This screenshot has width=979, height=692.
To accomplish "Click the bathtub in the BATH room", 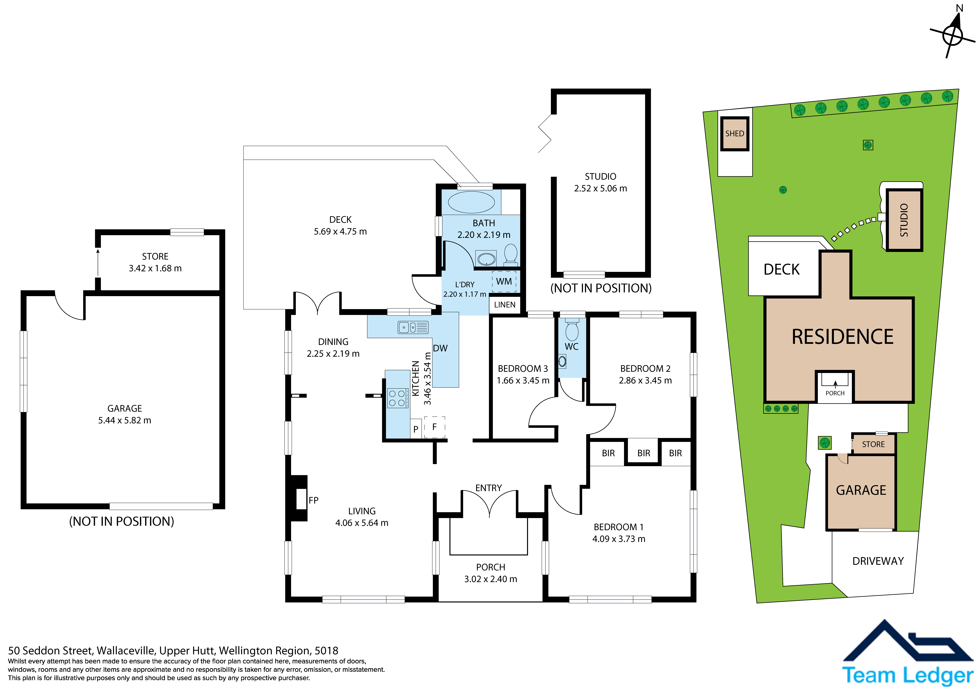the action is point(471,202).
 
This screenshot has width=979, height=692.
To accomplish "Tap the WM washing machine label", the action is point(504,281).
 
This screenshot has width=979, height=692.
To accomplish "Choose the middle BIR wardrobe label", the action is point(644,453).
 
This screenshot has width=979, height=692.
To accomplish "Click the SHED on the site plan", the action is point(735,133).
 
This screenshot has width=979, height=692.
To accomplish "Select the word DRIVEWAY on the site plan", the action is point(878,561).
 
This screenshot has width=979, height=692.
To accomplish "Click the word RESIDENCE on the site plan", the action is point(843,337).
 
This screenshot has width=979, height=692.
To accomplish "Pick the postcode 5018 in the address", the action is point(326,651).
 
